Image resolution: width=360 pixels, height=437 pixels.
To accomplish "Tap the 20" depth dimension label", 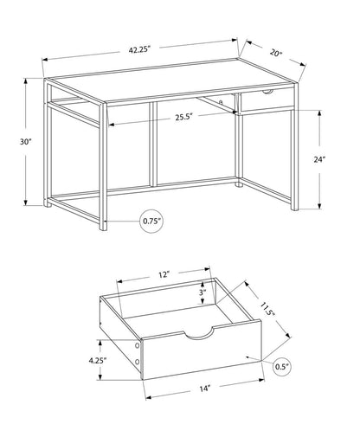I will point(275,53).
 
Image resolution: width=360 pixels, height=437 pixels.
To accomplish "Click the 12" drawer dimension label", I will point(163,274).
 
